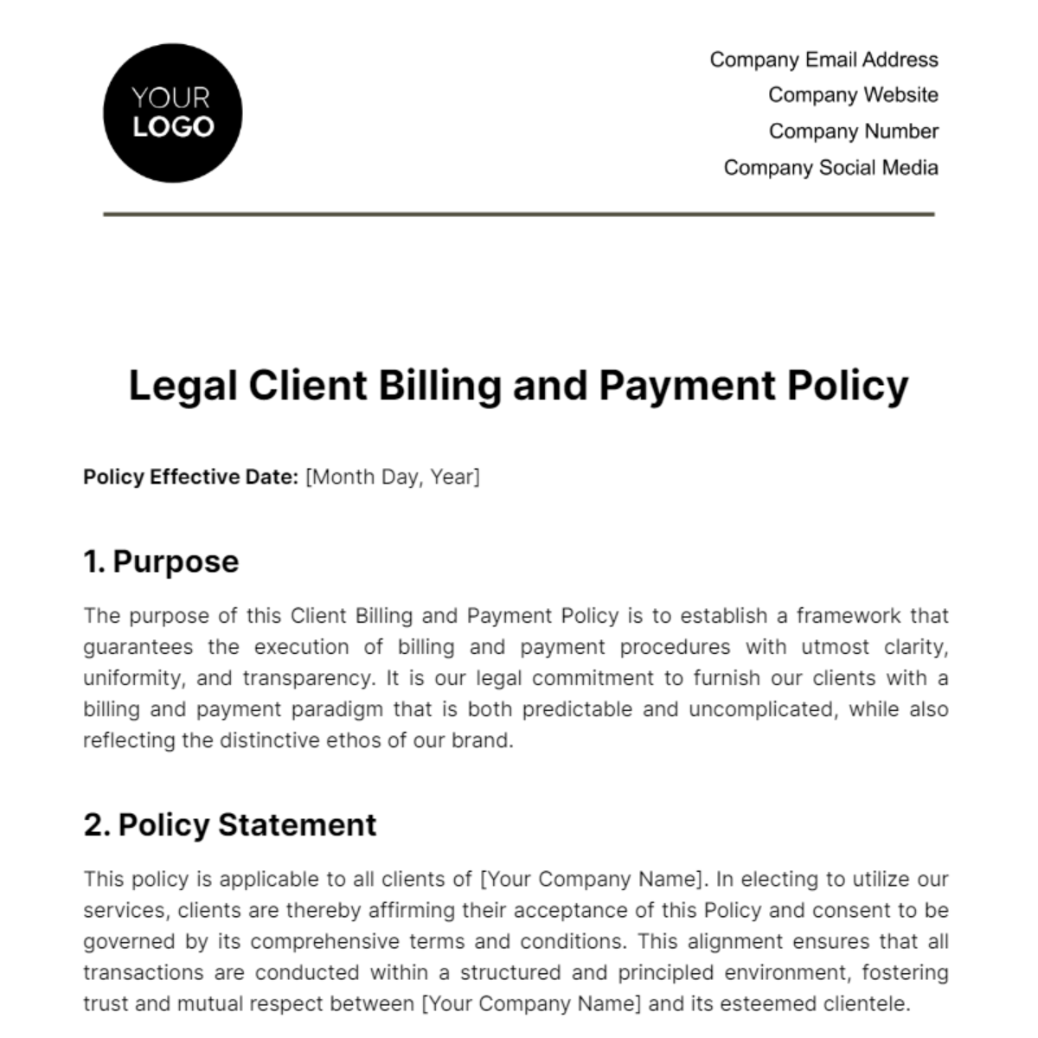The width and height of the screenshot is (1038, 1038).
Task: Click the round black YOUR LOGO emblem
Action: pos(172,113)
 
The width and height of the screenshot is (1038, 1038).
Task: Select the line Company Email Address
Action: pos(823,60)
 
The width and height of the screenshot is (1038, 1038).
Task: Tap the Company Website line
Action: pos(853,95)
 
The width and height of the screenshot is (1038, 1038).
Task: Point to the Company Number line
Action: pos(853,131)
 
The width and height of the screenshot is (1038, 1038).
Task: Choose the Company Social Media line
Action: pos(830,168)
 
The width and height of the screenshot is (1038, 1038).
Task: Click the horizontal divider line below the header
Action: pos(519,214)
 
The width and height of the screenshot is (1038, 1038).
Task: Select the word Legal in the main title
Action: pos(183,386)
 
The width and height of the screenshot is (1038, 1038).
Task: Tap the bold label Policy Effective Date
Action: pos(190,477)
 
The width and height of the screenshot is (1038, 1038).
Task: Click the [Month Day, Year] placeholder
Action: pos(393,477)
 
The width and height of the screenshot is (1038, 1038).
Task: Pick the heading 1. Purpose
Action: pos(161,561)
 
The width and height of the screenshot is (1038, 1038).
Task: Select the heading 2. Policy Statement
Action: pos(230,824)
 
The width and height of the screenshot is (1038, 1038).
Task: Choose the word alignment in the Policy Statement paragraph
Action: pos(723,941)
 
